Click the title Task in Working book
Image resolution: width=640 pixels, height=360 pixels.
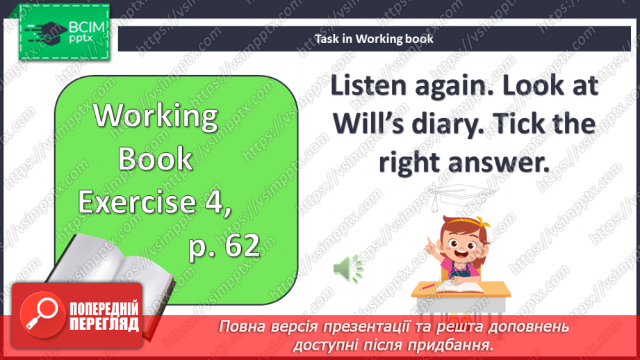coord(374,39)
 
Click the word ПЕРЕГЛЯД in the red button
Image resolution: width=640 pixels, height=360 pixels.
coord(104,324)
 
